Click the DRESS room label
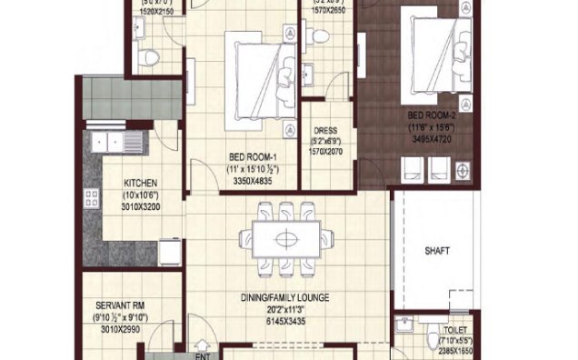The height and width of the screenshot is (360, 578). pos(324,131)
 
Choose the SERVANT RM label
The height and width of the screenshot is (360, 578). pos(117,306)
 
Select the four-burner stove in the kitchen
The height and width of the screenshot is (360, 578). pos(92,200)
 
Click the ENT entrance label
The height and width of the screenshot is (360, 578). pos(203,345)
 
